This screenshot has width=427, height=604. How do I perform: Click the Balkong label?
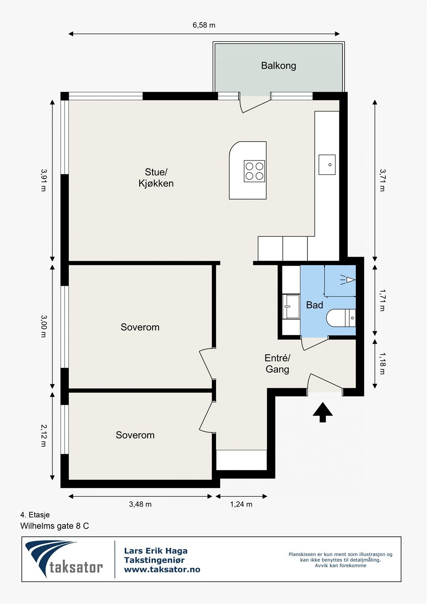pyautogui.click(x=278, y=66)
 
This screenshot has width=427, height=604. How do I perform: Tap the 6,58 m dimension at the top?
pyautogui.click(x=204, y=25)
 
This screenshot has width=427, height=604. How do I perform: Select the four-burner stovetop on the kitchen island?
pyautogui.click(x=254, y=171)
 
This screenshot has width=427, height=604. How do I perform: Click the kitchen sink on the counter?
pyautogui.click(x=327, y=165)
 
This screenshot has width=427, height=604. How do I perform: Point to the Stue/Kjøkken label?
pyautogui.click(x=156, y=177)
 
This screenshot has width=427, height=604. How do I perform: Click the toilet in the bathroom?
pyautogui.click(x=341, y=318)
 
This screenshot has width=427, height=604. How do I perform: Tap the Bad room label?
pyautogui.click(x=314, y=305)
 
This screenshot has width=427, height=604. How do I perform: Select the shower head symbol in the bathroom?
pyautogui.click(x=347, y=280)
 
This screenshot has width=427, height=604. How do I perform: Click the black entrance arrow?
pyautogui.click(x=323, y=412)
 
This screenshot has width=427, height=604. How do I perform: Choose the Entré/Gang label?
pyautogui.click(x=277, y=364)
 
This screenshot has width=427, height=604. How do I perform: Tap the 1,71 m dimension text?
pyautogui.click(x=382, y=300)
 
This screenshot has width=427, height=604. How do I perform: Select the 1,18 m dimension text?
pyautogui.click(x=382, y=364)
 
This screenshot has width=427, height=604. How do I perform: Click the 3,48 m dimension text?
pyautogui.click(x=140, y=504)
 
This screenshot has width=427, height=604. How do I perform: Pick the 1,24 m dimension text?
pyautogui.click(x=241, y=504)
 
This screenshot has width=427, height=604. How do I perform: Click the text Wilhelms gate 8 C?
pyautogui.click(x=54, y=526)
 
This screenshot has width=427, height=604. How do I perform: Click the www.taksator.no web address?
pyautogui.click(x=162, y=569)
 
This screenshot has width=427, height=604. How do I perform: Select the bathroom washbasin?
pyautogui.click(x=291, y=307)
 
